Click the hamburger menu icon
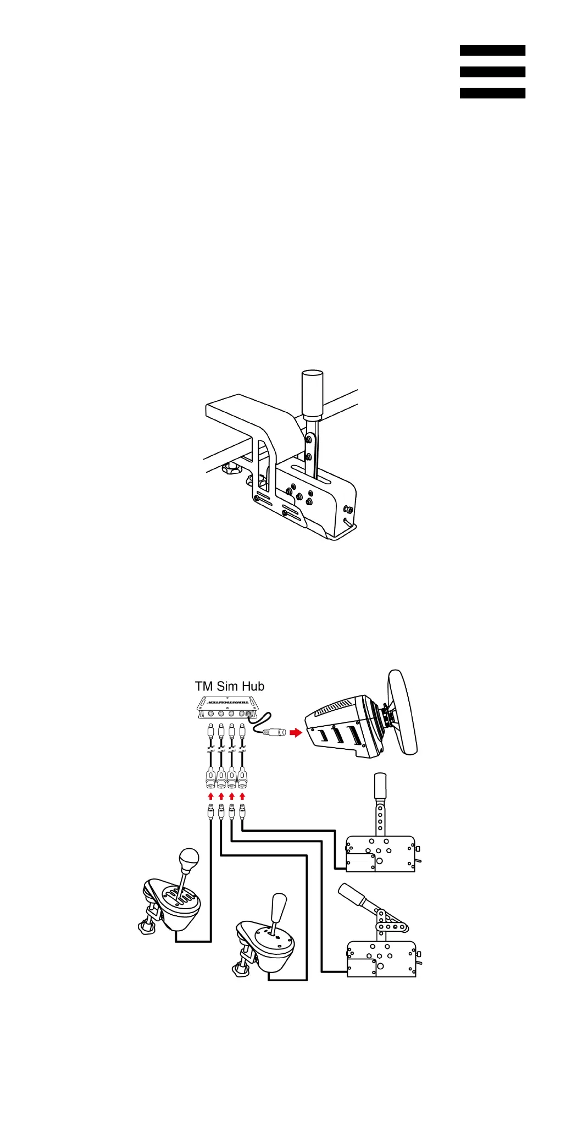pyautogui.click(x=492, y=71)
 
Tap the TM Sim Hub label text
pyautogui.click(x=230, y=686)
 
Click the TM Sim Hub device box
pyautogui.click(x=227, y=708)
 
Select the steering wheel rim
pyautogui.click(x=403, y=712)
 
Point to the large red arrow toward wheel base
pyautogui.click(x=296, y=732)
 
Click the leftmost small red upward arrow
pyautogui.click(x=210, y=796)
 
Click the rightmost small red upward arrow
pyautogui.click(x=242, y=796)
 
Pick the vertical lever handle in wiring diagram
pyautogui.click(x=380, y=786)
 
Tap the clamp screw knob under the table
pyautogui.click(x=231, y=469)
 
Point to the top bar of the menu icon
pyautogui.click(x=492, y=51)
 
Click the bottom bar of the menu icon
pyautogui.click(x=492, y=93)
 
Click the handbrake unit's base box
pyautogui.click(x=381, y=959)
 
